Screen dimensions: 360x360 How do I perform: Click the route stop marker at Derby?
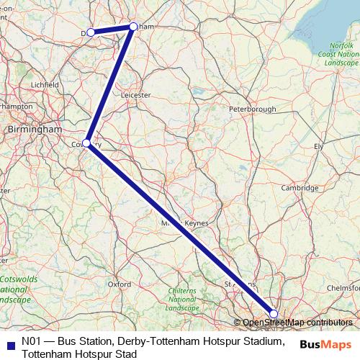(91, 32)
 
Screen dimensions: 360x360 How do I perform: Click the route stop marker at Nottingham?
(133, 27)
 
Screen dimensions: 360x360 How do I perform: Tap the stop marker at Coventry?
(86, 143)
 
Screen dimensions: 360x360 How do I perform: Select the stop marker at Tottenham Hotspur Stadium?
(274, 313)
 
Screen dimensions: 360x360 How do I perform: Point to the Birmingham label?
(34, 128)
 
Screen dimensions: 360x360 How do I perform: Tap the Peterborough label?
(252, 109)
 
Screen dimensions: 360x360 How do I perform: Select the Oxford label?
(119, 284)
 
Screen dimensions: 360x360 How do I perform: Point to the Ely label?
(318, 146)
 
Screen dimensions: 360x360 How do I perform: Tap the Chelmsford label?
(343, 287)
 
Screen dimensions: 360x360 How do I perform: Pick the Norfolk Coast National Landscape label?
(338, 54)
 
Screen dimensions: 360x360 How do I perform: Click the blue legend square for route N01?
(8, 343)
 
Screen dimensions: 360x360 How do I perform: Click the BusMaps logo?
(325, 343)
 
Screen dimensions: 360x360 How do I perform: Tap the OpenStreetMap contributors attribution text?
(297, 323)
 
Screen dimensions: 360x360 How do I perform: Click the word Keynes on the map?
(197, 224)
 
